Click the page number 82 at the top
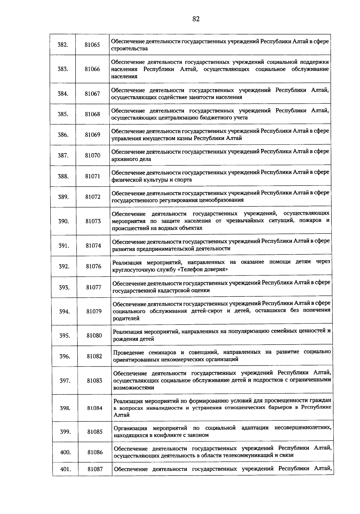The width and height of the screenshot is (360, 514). [196, 19]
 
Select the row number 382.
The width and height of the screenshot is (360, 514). [63, 45]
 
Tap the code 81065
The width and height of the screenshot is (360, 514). [92, 45]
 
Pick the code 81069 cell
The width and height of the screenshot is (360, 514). [92, 135]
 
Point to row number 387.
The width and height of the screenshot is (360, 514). [63, 155]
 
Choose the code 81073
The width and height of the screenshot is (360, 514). [93, 221]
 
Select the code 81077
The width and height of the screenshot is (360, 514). [94, 287]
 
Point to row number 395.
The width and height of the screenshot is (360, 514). [64, 335]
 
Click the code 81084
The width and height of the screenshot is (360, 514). [95, 408]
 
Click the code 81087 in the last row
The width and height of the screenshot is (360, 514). [95, 469]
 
